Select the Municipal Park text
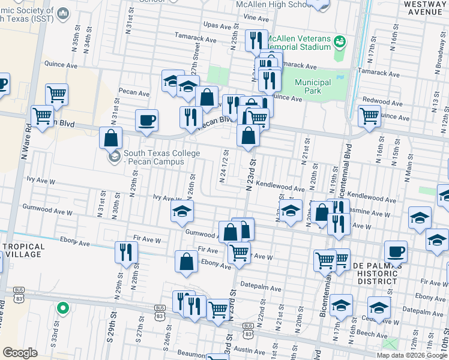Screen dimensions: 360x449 (313, 86)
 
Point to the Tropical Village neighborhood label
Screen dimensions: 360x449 (23, 250)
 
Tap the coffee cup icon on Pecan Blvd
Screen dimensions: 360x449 (146, 121)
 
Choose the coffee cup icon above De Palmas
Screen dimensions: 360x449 (395, 251)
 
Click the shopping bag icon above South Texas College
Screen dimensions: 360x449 (110, 138)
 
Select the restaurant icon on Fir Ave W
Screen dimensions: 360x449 (126, 251)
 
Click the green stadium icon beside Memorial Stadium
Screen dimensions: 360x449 (339, 41)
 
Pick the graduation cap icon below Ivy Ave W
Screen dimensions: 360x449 (182, 211)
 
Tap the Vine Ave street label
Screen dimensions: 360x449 (256, 19)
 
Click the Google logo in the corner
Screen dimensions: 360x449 (20, 353)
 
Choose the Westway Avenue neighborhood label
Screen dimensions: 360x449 (423, 7)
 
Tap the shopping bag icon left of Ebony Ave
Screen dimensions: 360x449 (186, 261)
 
